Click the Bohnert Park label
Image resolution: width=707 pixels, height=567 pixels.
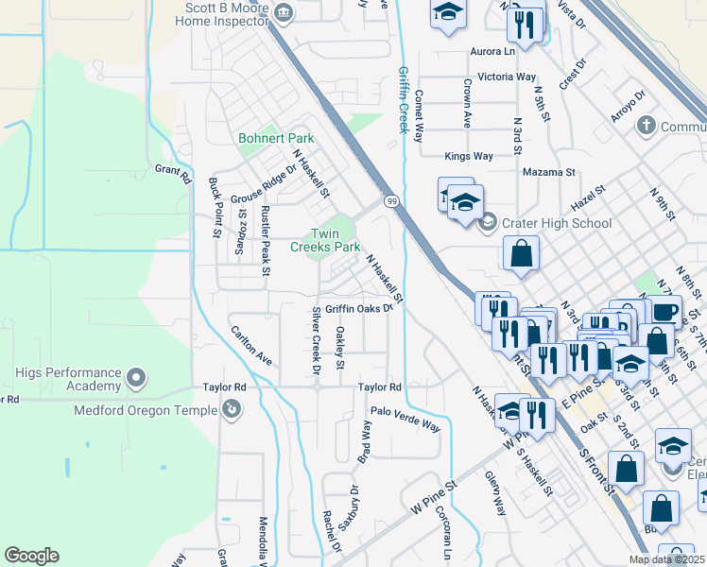[x=276, y=138]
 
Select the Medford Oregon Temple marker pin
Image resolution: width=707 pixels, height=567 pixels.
[x=230, y=408]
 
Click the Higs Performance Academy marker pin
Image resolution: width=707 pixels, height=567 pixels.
[x=136, y=379]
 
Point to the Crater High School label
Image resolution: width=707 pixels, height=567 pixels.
[x=558, y=224]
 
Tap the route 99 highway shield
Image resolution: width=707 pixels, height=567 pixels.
[x=389, y=200]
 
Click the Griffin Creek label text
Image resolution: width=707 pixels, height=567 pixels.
[x=404, y=99]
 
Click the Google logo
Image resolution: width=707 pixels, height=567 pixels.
[x=31, y=556]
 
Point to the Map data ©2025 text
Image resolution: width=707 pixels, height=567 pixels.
[x=665, y=558]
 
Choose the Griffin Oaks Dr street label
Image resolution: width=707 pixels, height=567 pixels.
[x=358, y=308]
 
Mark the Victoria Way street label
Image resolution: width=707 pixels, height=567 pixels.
[x=508, y=77]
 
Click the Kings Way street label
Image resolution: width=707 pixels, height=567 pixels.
[x=469, y=156]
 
